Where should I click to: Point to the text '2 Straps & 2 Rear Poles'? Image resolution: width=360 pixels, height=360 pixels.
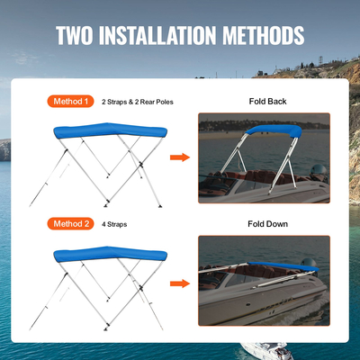(137, 102)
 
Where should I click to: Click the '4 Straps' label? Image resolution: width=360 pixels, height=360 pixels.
(115, 222)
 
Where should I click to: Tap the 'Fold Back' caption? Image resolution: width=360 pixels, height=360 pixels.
(267, 102)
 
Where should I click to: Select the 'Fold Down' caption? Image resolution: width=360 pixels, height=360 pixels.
(267, 222)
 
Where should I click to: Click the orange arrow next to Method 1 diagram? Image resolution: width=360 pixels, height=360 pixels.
(180, 157)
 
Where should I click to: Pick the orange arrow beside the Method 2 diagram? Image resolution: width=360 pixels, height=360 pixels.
(180, 283)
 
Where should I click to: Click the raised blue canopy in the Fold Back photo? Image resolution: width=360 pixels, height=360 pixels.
(271, 132)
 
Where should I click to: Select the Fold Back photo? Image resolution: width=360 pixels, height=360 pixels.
(264, 159)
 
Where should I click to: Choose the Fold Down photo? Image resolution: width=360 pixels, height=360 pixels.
(264, 280)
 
